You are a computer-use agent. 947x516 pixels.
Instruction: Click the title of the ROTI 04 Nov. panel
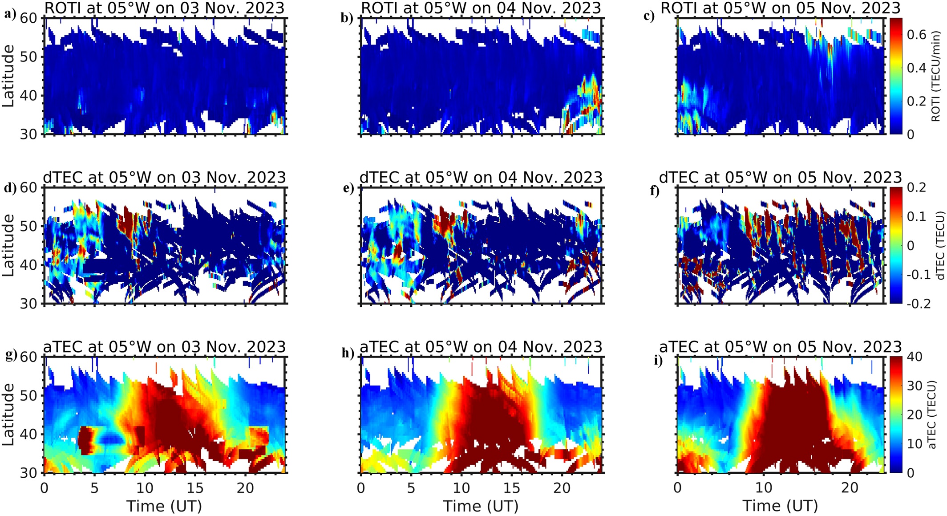point(481,8)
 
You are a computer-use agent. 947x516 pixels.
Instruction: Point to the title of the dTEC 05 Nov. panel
point(780,177)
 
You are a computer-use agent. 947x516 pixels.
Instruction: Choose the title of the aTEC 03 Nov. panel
point(164,347)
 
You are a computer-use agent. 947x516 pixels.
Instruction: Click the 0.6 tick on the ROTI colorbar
point(916,35)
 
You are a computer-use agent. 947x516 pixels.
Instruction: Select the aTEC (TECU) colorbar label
point(935,414)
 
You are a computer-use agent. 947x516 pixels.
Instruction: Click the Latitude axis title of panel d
point(8,245)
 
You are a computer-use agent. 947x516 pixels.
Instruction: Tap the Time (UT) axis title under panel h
point(481,506)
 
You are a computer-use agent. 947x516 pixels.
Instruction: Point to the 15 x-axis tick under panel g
point(195,488)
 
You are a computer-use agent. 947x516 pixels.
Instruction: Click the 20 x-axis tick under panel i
point(850,488)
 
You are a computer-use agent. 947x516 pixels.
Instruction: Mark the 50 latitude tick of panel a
point(31,57)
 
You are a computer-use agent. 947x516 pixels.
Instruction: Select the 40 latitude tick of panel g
point(31,434)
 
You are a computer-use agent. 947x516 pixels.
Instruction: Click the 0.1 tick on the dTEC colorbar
point(916,216)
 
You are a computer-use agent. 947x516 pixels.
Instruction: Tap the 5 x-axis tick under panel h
point(411,488)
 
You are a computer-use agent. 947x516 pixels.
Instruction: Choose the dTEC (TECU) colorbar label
point(936,246)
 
